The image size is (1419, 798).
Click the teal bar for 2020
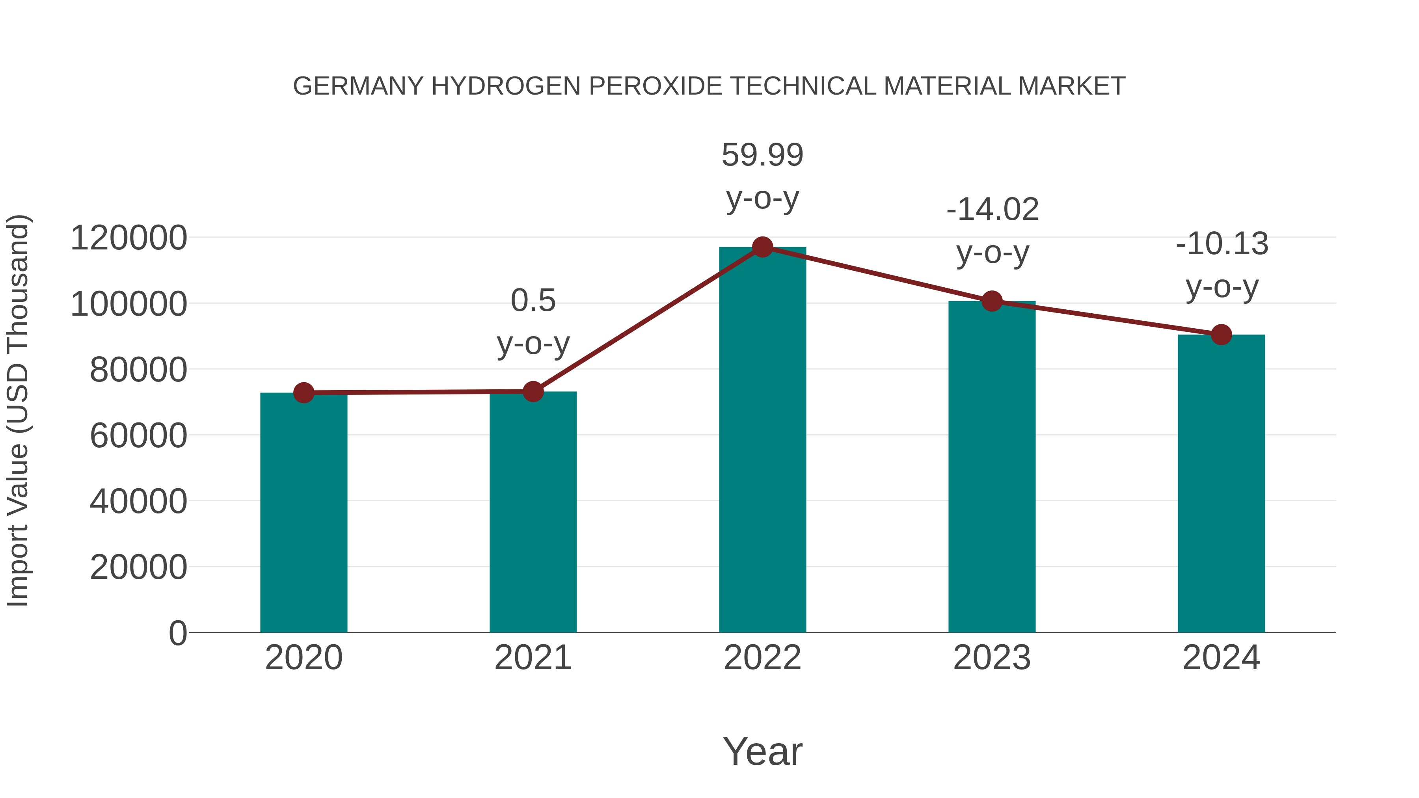coord(304,512)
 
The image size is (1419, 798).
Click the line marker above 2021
coord(533,392)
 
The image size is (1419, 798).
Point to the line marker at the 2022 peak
coord(762,247)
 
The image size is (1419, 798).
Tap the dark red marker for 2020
coord(304,392)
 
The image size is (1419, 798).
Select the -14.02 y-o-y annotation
coord(993,231)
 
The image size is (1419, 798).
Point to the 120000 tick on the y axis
coord(129,238)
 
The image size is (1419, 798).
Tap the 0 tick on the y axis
coord(177,633)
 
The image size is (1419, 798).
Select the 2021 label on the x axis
coord(533,658)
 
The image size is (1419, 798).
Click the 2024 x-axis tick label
coord(1221,658)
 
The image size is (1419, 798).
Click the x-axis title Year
coord(762,751)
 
